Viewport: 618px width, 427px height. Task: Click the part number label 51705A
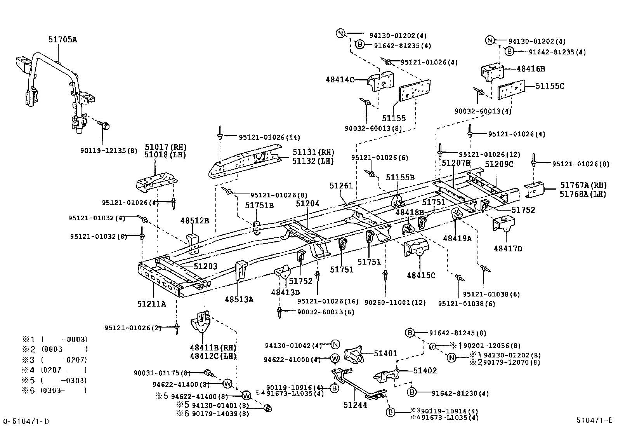click(x=62, y=40)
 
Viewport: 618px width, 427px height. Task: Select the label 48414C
click(x=340, y=80)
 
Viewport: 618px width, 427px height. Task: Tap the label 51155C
click(x=550, y=86)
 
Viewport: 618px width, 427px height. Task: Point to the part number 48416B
click(x=531, y=69)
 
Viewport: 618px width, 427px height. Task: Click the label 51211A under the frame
click(x=151, y=304)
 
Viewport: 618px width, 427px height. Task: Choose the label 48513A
click(x=239, y=299)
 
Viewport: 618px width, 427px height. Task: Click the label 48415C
click(x=421, y=275)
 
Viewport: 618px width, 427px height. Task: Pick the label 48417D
click(x=508, y=248)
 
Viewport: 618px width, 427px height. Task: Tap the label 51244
click(x=355, y=405)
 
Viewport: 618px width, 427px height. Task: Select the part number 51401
click(x=385, y=354)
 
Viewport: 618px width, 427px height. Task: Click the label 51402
click(x=425, y=371)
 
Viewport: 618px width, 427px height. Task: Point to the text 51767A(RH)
click(x=583, y=186)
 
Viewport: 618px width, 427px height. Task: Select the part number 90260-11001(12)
click(x=395, y=303)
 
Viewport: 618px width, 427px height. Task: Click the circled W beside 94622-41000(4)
click(x=335, y=359)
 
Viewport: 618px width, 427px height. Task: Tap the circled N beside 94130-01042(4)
click(x=335, y=344)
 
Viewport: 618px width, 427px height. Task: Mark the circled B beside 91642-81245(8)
click(x=410, y=333)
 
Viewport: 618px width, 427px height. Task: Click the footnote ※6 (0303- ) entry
click(x=54, y=390)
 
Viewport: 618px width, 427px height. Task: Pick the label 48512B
click(x=194, y=221)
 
